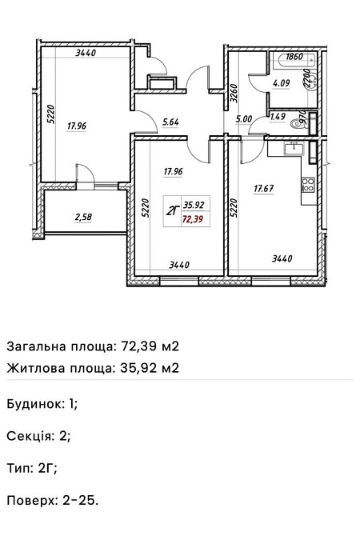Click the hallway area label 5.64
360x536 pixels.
(170, 122)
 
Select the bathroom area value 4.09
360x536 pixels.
(281, 82)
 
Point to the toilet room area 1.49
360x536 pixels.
(278, 117)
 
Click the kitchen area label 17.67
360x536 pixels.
(265, 189)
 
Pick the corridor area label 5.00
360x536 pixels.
(244, 120)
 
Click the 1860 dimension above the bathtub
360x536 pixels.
(294, 57)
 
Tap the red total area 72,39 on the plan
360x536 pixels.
(193, 218)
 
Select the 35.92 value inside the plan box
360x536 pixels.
(193, 204)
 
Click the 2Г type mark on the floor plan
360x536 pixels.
(171, 211)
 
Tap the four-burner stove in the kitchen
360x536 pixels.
(307, 186)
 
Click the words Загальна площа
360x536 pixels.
(61, 346)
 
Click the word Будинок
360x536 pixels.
(36, 404)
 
